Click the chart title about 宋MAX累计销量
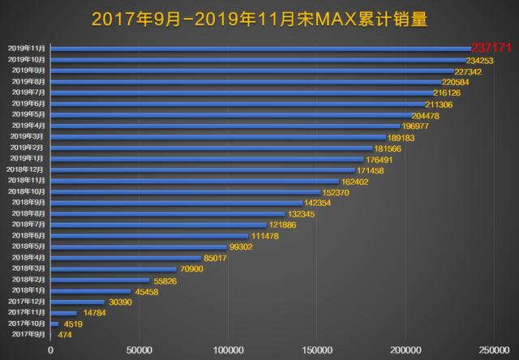tap(259, 18)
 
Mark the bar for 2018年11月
tap(195, 181)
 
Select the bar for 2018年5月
tap(139, 246)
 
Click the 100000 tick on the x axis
tap(228, 349)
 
